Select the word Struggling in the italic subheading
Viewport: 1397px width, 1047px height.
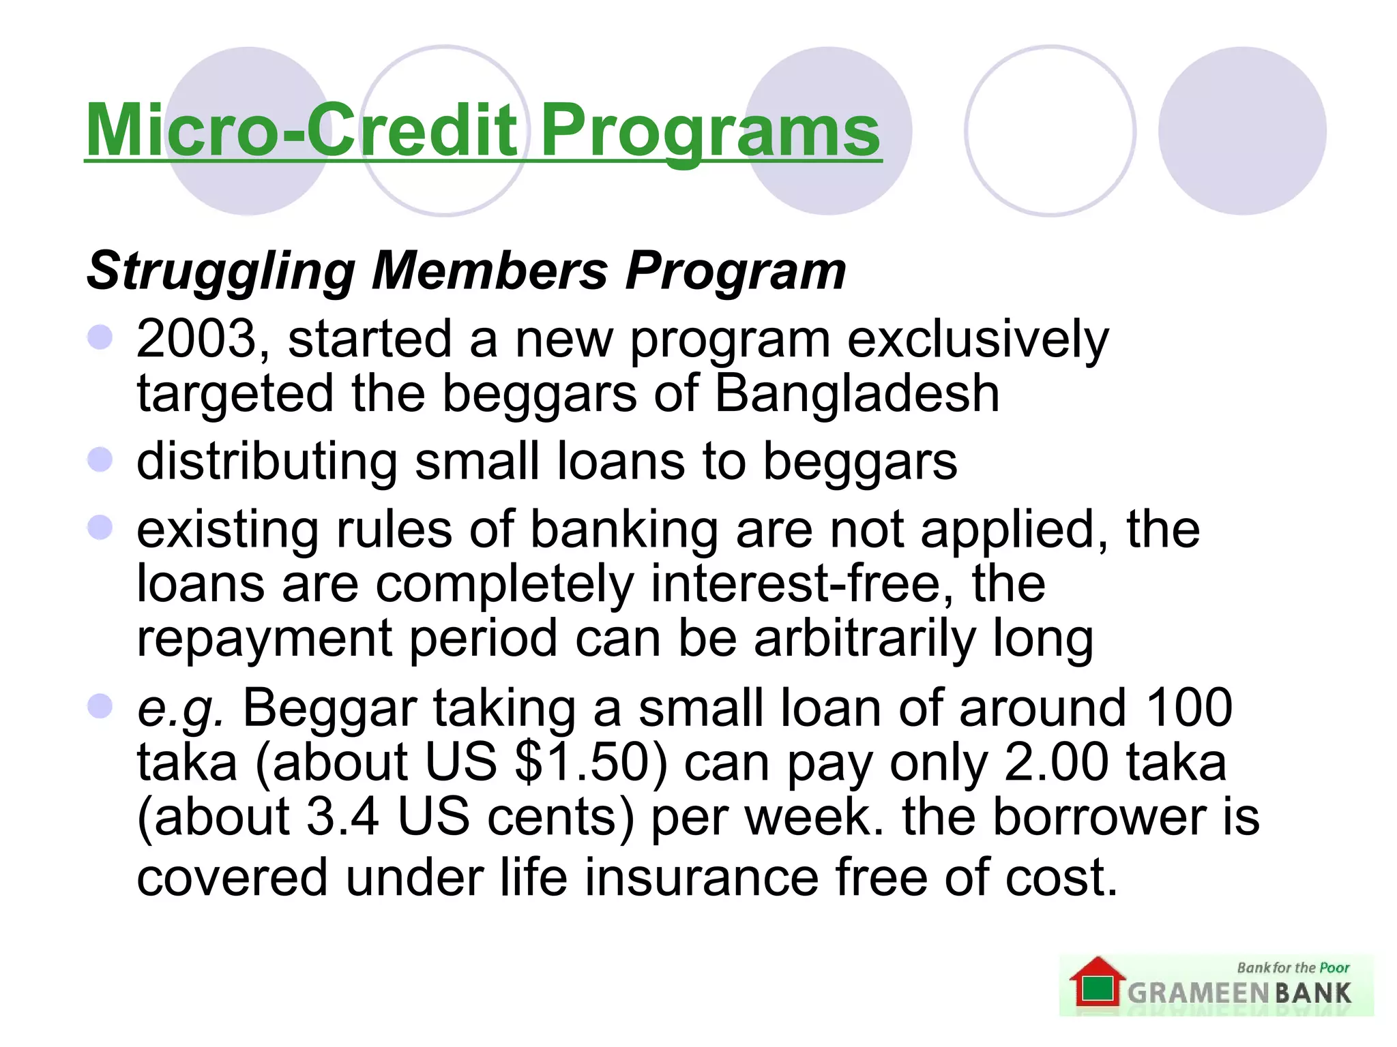click(x=220, y=271)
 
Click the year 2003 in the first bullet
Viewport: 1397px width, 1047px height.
click(x=196, y=339)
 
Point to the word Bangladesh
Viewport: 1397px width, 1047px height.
click(x=857, y=393)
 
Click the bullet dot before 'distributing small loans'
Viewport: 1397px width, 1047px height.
click(x=100, y=459)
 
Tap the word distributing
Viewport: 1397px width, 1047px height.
click(x=267, y=461)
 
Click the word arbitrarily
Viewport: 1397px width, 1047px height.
click(x=865, y=639)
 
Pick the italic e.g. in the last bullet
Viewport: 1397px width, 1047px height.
click(x=180, y=708)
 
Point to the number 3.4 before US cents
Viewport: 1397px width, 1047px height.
click(x=342, y=817)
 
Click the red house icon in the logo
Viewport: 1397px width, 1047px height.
click(x=1097, y=982)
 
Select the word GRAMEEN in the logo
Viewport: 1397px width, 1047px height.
click(x=1199, y=993)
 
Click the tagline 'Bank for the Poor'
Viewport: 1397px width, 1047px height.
click(x=1293, y=967)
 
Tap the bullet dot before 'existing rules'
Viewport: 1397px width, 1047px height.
click(x=100, y=528)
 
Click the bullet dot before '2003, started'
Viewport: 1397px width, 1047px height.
click(x=100, y=337)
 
